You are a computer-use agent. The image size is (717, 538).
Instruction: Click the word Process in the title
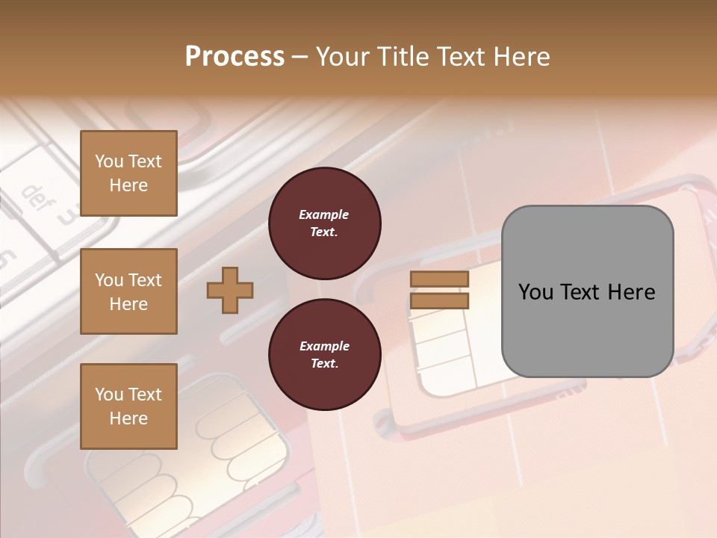(x=235, y=56)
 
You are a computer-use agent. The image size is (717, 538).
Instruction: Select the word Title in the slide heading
(x=406, y=56)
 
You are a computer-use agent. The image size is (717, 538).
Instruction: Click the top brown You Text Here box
(x=128, y=173)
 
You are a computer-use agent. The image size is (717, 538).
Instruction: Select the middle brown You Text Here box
(x=128, y=291)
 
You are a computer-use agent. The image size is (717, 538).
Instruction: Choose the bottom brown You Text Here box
(x=128, y=406)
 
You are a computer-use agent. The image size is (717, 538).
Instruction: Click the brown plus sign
(x=230, y=290)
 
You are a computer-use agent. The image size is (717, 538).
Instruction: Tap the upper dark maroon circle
(x=324, y=223)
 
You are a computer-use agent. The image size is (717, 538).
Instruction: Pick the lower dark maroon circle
(x=324, y=354)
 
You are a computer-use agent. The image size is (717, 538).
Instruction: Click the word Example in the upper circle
(x=323, y=214)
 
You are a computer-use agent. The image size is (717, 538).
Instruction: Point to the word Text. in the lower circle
(x=323, y=364)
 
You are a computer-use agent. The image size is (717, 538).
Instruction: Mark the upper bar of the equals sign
(x=439, y=279)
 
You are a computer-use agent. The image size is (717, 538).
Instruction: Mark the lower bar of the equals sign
(x=439, y=300)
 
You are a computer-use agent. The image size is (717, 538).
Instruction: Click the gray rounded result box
(x=587, y=291)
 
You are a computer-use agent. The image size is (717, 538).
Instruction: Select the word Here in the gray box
(x=631, y=292)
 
